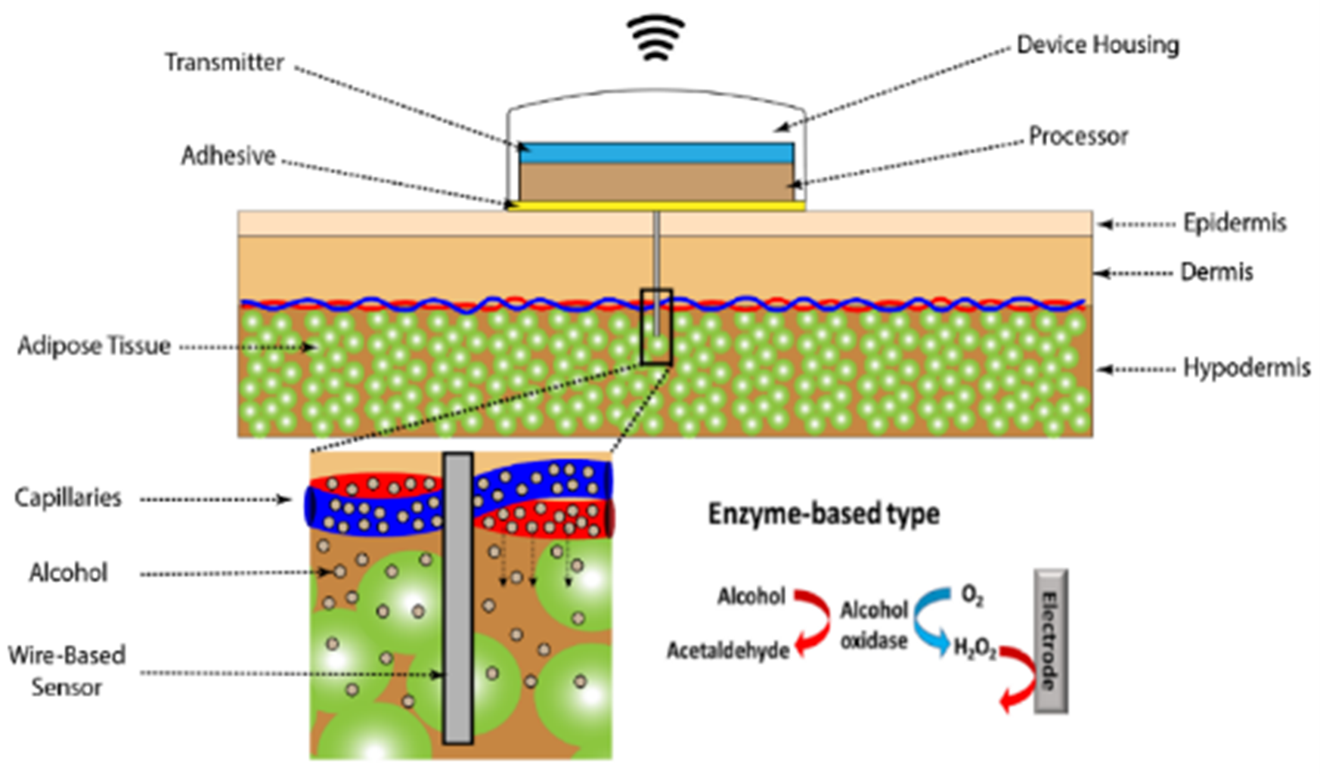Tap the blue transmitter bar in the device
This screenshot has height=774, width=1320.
(656, 153)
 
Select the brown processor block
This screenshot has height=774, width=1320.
(656, 181)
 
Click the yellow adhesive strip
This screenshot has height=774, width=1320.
(656, 205)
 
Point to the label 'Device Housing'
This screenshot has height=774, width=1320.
(1097, 45)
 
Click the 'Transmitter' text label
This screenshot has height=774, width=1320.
(225, 62)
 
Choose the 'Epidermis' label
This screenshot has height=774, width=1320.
(1234, 223)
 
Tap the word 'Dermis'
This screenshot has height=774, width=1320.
(1216, 272)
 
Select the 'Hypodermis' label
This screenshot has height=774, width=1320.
(1246, 368)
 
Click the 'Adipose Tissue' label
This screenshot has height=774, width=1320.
(94, 346)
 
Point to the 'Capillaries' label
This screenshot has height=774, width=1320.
(68, 498)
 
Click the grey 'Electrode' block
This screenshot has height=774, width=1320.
(1050, 641)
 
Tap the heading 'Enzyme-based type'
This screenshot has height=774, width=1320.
(823, 514)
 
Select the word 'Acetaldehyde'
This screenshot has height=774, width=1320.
(727, 651)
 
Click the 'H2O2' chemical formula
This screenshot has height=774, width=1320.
(975, 649)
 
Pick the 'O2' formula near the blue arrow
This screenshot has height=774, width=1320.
(972, 596)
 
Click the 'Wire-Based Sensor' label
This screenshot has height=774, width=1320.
(67, 670)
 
